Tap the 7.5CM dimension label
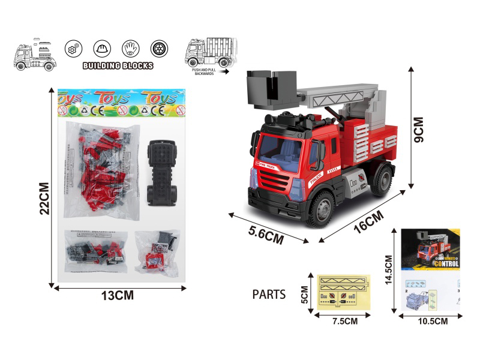click(x=344, y=320)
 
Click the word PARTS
click(x=269, y=294)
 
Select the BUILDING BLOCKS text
click(x=118, y=65)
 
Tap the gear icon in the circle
click(x=73, y=49)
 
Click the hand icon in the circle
click(x=130, y=49)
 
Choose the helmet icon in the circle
click(x=101, y=49)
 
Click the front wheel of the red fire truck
click(x=322, y=210)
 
